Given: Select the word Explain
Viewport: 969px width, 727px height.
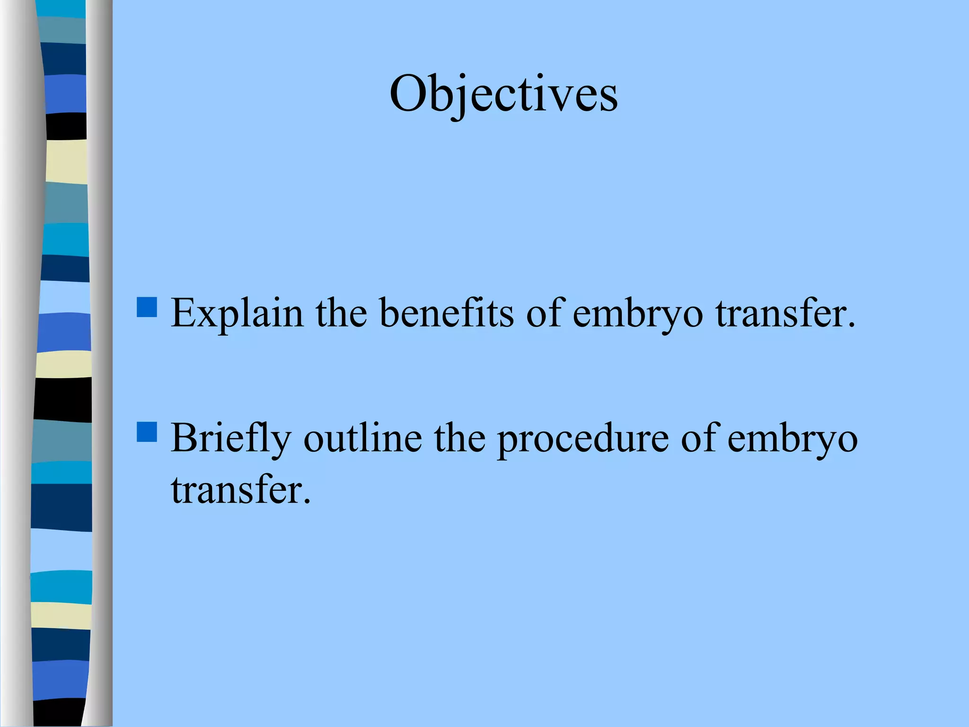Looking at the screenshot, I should pyautogui.click(x=237, y=313).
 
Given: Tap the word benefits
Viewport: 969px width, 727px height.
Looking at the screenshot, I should pyautogui.click(x=447, y=313).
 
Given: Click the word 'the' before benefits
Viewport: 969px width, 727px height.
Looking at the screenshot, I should pyautogui.click(x=341, y=313).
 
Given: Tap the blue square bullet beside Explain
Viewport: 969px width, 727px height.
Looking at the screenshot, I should pyautogui.click(x=147, y=307).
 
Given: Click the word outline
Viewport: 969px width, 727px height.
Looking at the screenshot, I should pyautogui.click(x=362, y=438).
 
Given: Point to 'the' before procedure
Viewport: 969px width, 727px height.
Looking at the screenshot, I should pyautogui.click(x=460, y=438).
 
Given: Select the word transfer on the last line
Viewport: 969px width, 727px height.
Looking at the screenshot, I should pyautogui.click(x=236, y=489).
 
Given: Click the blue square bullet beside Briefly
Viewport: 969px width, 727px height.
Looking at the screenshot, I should pyautogui.click(x=147, y=432).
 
